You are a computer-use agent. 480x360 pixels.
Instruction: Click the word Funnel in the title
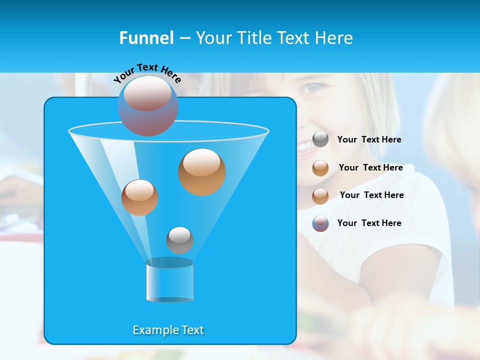pyautogui.click(x=146, y=38)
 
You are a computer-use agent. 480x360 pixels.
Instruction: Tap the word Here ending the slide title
pyautogui.click(x=334, y=38)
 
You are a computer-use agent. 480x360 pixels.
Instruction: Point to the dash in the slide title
pyautogui.click(x=184, y=38)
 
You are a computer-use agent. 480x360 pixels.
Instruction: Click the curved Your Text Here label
pyautogui.click(x=147, y=73)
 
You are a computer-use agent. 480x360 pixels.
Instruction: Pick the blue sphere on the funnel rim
pyautogui.click(x=148, y=106)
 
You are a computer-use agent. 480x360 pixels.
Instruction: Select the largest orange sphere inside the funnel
pyautogui.click(x=202, y=171)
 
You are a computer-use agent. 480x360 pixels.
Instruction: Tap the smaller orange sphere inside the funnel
pyautogui.click(x=139, y=197)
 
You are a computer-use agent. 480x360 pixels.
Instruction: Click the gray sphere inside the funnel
pyautogui.click(x=179, y=240)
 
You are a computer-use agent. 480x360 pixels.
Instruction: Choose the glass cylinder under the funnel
pyautogui.click(x=169, y=280)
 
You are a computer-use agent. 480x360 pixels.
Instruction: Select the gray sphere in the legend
pyautogui.click(x=320, y=139)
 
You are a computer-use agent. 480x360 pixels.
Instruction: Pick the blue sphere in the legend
pyautogui.click(x=320, y=223)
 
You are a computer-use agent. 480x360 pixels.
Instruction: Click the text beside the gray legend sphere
pyautogui.click(x=369, y=140)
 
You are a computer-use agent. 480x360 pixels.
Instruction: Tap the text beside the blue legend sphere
pyautogui.click(x=369, y=223)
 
